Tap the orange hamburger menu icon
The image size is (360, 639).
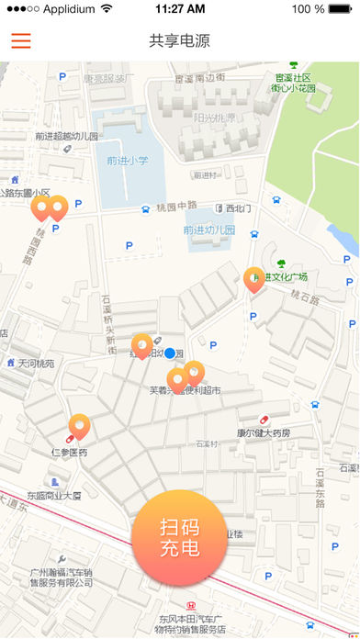click(20, 41)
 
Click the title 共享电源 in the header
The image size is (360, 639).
click(179, 41)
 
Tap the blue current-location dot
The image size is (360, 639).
click(170, 353)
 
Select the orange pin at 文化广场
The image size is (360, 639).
click(254, 279)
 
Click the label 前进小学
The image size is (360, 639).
click(127, 161)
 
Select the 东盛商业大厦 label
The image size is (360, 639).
click(53, 496)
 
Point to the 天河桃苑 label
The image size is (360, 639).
click(36, 364)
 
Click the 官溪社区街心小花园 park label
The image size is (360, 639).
click(293, 84)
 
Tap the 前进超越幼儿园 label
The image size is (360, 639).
click(66, 136)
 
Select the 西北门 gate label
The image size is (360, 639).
click(238, 207)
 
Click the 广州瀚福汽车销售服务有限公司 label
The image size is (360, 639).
click(61, 577)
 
